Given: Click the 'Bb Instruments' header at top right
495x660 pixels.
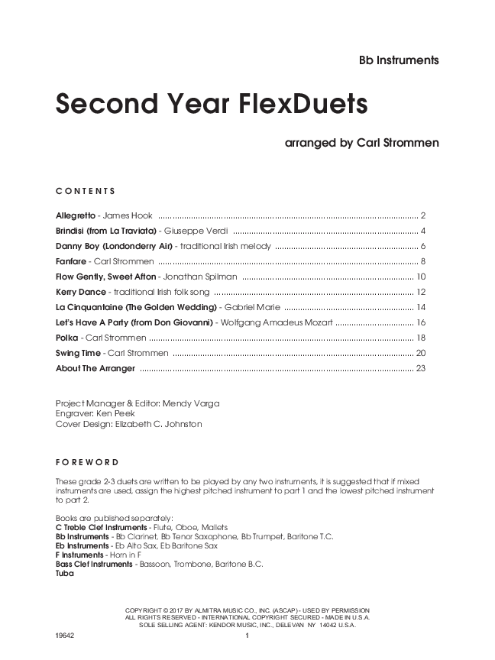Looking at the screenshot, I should click(398, 60).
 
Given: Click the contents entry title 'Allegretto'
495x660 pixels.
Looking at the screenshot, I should click(76, 216).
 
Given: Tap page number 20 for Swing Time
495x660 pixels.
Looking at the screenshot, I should click(420, 353).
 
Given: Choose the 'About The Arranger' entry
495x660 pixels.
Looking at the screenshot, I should click(95, 368).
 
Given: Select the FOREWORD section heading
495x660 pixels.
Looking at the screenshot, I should click(87, 462).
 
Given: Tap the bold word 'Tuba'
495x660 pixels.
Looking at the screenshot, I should click(65, 574).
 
